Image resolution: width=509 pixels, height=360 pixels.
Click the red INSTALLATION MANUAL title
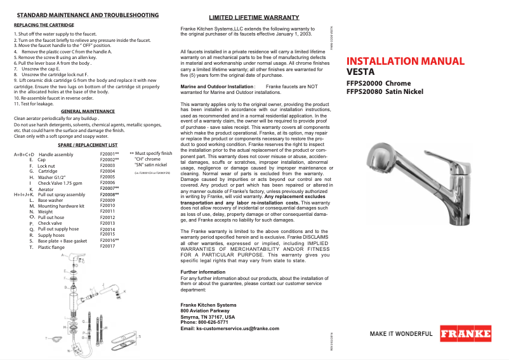[x=406, y=62]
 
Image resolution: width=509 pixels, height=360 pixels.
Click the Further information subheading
[x=203, y=272]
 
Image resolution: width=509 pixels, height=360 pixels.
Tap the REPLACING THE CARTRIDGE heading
[x=44, y=25]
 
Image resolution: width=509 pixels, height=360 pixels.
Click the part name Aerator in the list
[x=46, y=189]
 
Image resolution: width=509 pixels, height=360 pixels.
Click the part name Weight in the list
[x=45, y=211]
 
